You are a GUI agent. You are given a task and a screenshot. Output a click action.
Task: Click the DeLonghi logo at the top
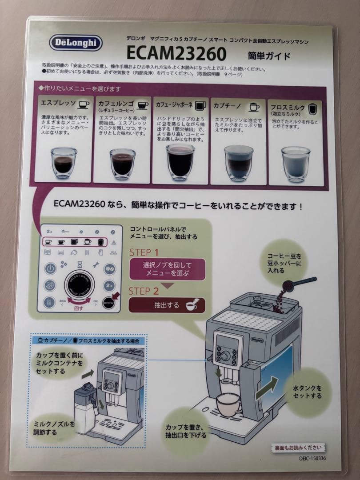(x=76, y=43)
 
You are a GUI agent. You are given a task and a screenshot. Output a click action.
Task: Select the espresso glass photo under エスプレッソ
(x=64, y=163)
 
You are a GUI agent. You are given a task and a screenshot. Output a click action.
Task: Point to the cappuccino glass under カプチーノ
(x=238, y=162)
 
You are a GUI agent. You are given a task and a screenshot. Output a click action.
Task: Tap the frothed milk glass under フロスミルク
(x=296, y=163)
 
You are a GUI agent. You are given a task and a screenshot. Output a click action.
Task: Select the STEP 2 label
(x=144, y=292)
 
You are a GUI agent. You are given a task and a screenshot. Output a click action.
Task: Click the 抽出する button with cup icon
(x=167, y=305)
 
